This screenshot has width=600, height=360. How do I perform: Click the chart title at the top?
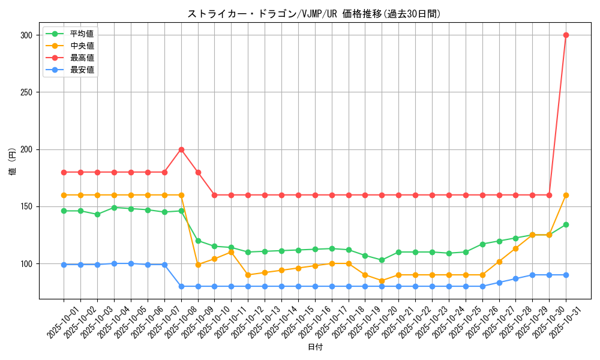pos(314,14)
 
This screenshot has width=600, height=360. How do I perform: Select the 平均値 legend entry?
pos(82,34)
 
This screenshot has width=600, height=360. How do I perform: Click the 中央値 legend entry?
pos(82,46)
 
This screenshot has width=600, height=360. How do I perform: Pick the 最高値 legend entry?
pos(82,58)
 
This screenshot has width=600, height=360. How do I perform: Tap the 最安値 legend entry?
pos(82,70)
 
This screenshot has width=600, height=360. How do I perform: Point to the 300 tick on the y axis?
pos(26,35)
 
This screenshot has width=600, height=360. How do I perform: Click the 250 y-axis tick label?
pos(26,92)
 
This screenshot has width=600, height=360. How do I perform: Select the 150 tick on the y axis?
pos(26,206)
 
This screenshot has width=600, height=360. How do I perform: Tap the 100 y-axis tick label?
pos(26,263)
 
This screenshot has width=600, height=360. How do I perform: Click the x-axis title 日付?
pos(314,347)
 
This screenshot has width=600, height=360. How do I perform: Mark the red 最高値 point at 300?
pos(566,35)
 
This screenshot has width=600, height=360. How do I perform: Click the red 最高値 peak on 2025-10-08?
pos(181,149)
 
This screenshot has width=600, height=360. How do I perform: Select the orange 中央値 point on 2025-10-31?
pos(566,195)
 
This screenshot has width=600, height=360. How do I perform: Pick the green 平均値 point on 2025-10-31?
pos(566,224)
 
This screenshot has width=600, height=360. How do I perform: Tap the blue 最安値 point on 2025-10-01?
pos(64,265)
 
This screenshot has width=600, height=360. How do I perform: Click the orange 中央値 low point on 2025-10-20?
pos(382,281)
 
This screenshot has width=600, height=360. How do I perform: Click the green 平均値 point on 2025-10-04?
pos(114,208)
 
